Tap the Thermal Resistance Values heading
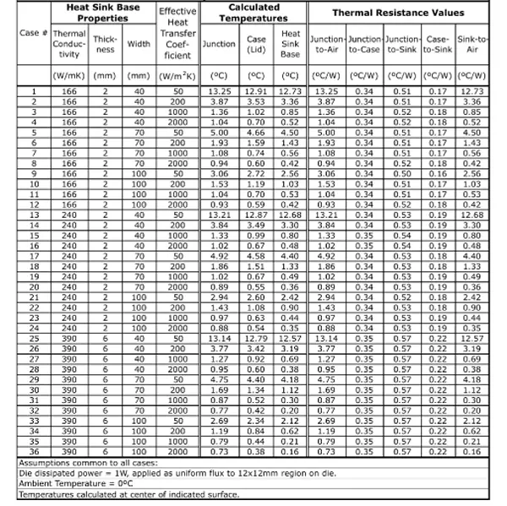click(x=397, y=14)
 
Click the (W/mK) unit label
click(x=67, y=75)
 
